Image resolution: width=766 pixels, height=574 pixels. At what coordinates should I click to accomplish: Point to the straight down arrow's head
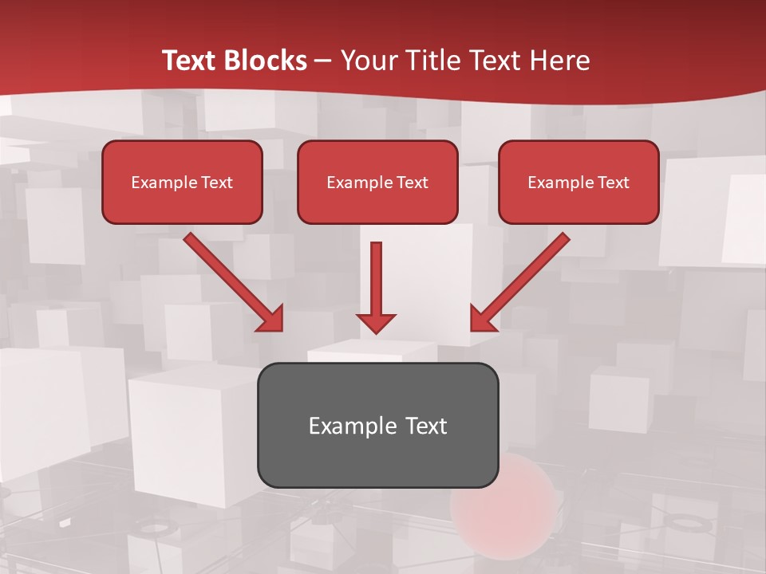[x=376, y=322]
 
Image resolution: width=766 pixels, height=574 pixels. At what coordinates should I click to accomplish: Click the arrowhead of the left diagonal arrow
[x=271, y=318]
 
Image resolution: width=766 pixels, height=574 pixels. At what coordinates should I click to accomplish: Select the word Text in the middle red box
[x=413, y=183]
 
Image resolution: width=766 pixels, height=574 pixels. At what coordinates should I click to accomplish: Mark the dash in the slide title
[x=323, y=61]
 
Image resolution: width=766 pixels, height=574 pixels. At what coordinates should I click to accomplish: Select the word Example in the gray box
[x=353, y=426]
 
